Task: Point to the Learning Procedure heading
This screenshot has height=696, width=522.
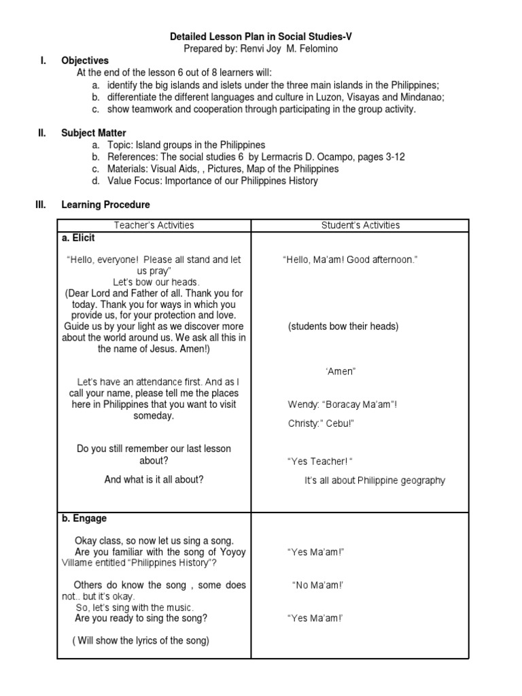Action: [x=105, y=205]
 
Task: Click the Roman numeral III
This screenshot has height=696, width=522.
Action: [x=40, y=205]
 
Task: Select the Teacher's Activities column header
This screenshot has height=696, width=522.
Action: [x=154, y=225]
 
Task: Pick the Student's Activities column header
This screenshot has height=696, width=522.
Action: [x=360, y=225]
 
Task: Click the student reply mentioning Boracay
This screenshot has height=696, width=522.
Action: [x=343, y=405]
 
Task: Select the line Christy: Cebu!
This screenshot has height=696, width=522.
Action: [x=321, y=423]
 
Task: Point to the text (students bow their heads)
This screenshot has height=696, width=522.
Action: [x=343, y=326]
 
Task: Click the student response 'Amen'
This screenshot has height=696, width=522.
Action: [x=341, y=371]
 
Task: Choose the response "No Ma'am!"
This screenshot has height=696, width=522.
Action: [x=317, y=585]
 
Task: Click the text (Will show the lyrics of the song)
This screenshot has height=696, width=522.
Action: [x=141, y=640]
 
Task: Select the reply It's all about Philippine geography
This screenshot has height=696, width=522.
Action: [x=375, y=481]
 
